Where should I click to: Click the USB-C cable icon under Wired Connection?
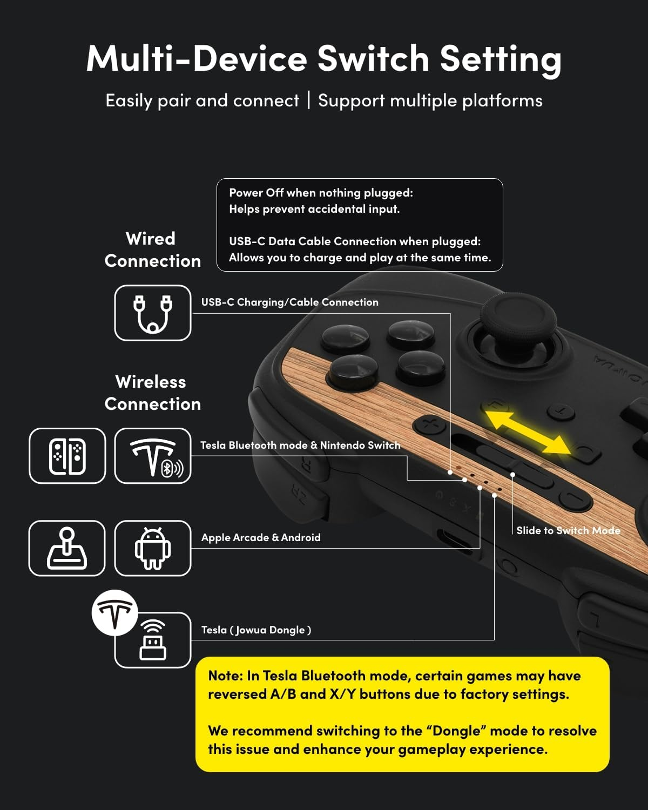[x=153, y=313]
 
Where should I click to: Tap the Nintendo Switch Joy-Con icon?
[x=67, y=456]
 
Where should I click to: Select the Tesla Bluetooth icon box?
[x=153, y=456]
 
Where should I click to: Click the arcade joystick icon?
[x=67, y=548]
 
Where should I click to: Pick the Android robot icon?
[x=153, y=548]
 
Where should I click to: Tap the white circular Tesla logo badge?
[x=114, y=612]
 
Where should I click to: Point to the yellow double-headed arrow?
[x=527, y=431]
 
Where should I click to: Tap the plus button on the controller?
[x=430, y=424]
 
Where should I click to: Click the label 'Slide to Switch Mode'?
[x=568, y=530]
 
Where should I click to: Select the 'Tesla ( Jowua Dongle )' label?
[x=256, y=630]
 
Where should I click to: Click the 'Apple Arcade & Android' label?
[x=261, y=537]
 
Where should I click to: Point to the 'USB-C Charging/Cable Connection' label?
[x=289, y=302]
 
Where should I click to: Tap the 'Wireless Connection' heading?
[x=152, y=393]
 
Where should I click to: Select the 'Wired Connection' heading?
[x=152, y=249]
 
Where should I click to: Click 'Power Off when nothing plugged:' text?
[x=321, y=193]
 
